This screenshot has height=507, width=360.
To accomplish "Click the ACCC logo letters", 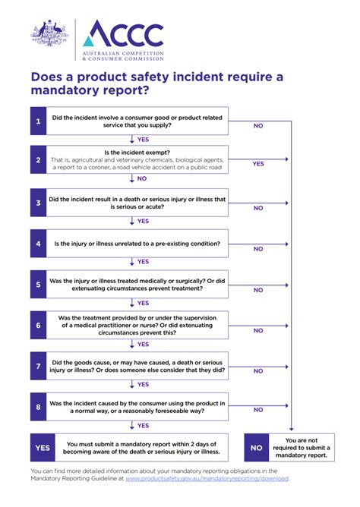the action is click(x=123, y=34).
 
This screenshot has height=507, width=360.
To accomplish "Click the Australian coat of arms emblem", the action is click(x=51, y=36).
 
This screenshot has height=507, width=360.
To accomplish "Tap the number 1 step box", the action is click(x=38, y=121).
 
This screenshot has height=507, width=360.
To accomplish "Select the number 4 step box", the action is click(x=38, y=244).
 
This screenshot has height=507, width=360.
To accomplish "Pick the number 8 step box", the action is click(x=38, y=407).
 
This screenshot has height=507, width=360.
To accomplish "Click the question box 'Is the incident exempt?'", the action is click(x=137, y=160).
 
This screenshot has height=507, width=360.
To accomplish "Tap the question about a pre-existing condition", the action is click(x=137, y=244).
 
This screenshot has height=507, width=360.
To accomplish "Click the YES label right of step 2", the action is click(x=258, y=163).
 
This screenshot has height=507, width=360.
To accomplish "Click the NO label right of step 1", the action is click(x=258, y=125).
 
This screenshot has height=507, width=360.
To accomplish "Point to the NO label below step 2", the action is click(x=142, y=179).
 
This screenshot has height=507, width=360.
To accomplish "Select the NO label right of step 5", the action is click(x=258, y=290).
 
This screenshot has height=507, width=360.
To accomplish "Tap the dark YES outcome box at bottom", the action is click(x=43, y=448).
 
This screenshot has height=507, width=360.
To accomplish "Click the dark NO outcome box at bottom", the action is click(x=257, y=448).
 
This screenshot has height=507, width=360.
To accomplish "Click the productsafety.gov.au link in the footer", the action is click(x=207, y=479).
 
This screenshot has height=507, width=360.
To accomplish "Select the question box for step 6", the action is click(x=137, y=326).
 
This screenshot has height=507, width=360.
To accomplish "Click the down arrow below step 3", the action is click(x=132, y=221).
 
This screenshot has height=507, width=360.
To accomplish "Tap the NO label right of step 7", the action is click(x=258, y=371).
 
